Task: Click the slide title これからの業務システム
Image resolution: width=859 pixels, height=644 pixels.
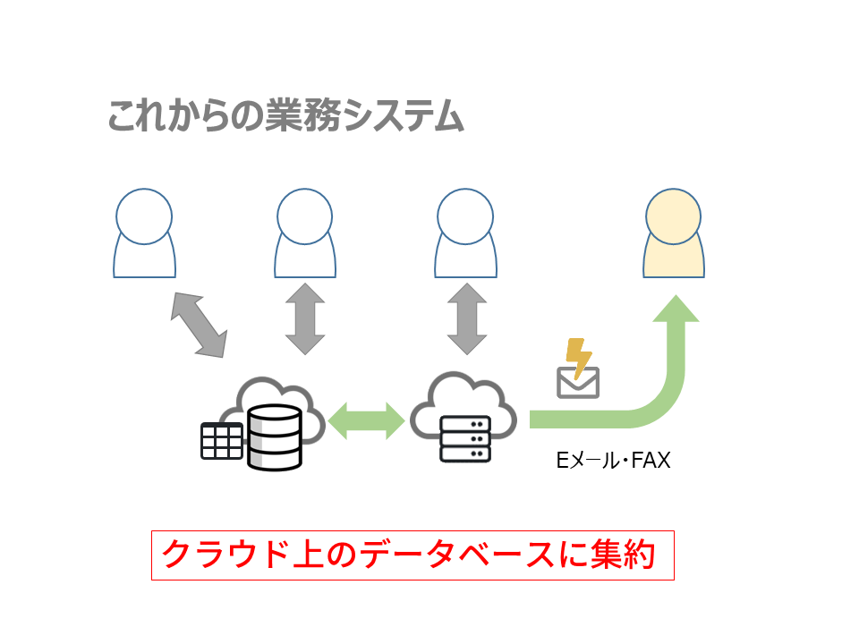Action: pyautogui.click(x=285, y=117)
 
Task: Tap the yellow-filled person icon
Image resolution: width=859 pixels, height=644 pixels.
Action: pyautogui.click(x=674, y=234)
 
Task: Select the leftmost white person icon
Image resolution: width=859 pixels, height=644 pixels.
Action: pyautogui.click(x=144, y=234)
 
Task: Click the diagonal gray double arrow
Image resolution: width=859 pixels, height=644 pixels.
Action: pyautogui.click(x=199, y=324)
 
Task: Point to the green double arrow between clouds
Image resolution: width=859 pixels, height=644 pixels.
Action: pyautogui.click(x=366, y=419)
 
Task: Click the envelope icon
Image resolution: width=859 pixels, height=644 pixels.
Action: pyautogui.click(x=578, y=382)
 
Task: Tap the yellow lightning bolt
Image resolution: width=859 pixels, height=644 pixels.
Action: pyautogui.click(x=580, y=356)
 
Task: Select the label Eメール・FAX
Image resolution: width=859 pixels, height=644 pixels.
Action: pyautogui.click(x=613, y=462)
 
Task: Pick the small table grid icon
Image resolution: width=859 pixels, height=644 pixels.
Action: pyautogui.click(x=221, y=440)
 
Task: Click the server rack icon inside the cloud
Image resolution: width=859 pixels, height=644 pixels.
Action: pyautogui.click(x=464, y=438)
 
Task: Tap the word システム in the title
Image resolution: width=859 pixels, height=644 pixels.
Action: pyautogui.click(x=404, y=117)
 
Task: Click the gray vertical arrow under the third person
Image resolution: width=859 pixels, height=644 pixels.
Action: pyautogui.click(x=465, y=318)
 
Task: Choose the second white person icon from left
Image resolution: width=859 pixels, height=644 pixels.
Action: pyautogui.click(x=306, y=234)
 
